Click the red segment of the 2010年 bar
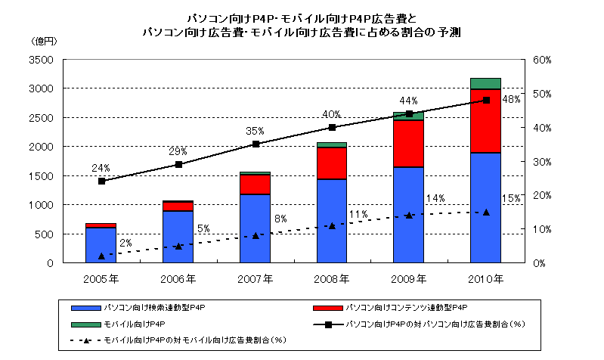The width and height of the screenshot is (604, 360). (x=485, y=121)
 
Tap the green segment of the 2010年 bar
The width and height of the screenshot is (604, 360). (x=485, y=83)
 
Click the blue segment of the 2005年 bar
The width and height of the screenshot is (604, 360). (x=101, y=245)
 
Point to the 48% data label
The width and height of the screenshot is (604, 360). (x=511, y=99)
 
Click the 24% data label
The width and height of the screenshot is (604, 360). (x=101, y=168)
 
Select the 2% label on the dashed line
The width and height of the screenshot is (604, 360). (x=125, y=243)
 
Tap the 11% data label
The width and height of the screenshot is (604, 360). (x=358, y=214)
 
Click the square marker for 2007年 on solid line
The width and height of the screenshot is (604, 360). (x=256, y=144)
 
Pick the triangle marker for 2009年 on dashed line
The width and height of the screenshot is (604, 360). (x=409, y=216)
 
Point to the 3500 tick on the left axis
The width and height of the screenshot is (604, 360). (x=41, y=60)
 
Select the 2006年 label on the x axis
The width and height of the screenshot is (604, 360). (x=178, y=278)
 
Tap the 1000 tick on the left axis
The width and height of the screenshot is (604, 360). (x=41, y=205)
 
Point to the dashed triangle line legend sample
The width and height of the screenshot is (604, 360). (x=88, y=340)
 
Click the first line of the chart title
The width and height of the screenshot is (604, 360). (x=301, y=16)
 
